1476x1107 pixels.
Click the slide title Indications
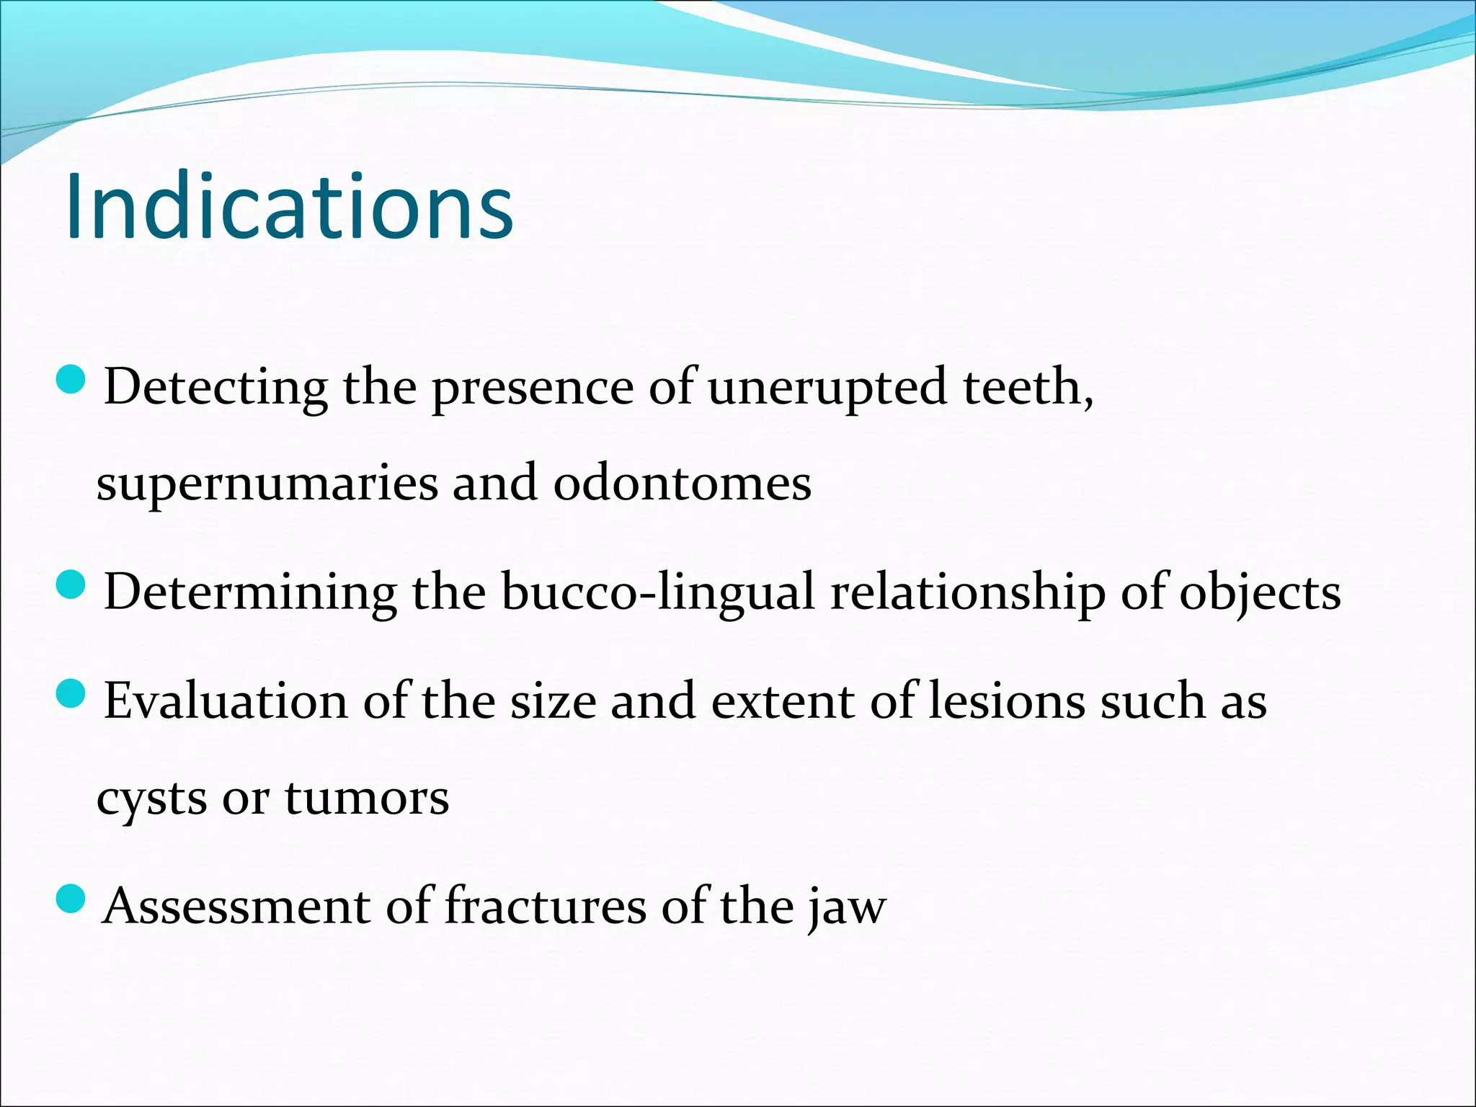(289, 207)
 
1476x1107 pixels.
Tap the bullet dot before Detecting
(71, 380)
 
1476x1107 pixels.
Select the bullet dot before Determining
(71, 584)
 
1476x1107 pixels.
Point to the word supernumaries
(267, 484)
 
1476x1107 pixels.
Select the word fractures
(545, 906)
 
